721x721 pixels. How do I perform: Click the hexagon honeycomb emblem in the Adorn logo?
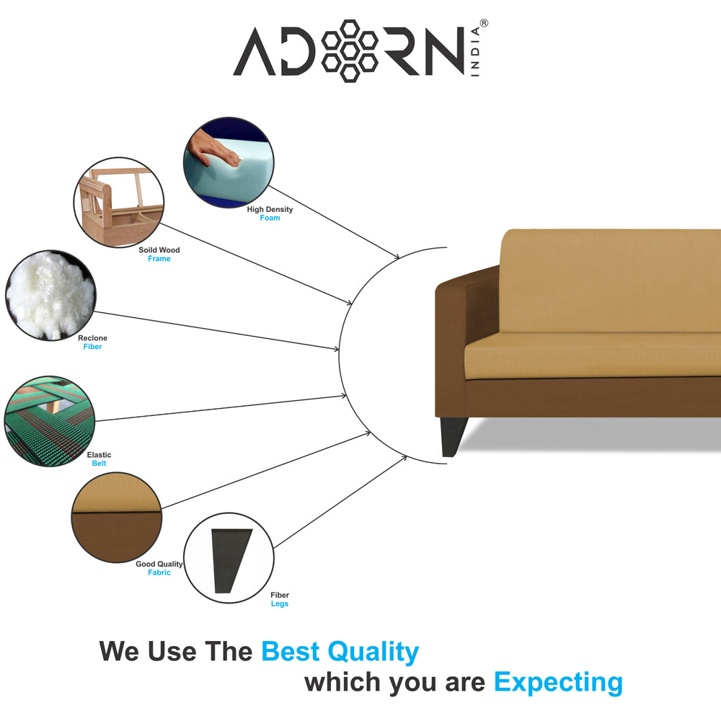(x=350, y=50)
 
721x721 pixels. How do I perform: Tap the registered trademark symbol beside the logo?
(x=484, y=23)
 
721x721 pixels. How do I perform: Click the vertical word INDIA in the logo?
(x=475, y=51)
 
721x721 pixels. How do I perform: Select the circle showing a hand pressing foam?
(x=229, y=162)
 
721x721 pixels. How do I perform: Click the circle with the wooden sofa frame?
(x=119, y=203)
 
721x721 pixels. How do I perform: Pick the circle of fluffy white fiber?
(x=50, y=295)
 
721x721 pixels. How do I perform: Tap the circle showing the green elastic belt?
(x=50, y=421)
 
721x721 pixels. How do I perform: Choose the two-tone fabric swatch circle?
(x=117, y=517)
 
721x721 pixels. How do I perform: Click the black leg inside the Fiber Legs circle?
(x=230, y=560)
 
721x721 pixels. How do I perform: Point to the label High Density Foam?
(x=270, y=213)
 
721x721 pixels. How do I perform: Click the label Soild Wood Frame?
(x=159, y=255)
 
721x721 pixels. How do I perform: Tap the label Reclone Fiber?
(x=92, y=342)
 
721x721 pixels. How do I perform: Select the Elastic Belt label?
(x=99, y=459)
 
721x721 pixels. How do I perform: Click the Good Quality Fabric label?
(x=159, y=568)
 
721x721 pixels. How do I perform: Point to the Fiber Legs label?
(x=280, y=599)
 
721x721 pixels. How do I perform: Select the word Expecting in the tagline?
(x=558, y=683)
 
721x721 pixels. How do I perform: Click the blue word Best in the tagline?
(x=290, y=652)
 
